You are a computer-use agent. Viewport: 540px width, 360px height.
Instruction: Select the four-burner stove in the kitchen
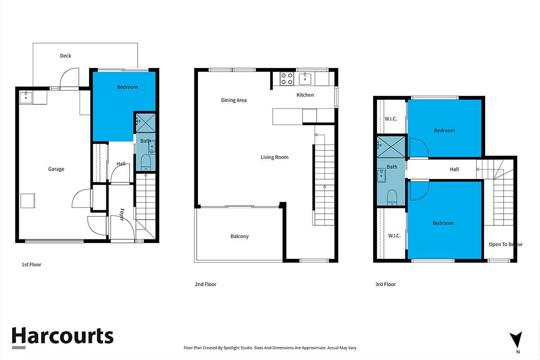click(x=287, y=79)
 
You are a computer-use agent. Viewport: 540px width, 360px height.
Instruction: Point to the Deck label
click(x=66, y=56)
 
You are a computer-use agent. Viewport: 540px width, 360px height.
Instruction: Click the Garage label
click(x=56, y=169)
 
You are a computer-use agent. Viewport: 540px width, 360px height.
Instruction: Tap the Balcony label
click(x=239, y=236)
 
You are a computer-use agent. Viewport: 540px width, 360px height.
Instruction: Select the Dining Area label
click(x=234, y=100)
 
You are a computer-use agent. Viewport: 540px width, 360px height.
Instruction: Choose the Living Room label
click(x=274, y=157)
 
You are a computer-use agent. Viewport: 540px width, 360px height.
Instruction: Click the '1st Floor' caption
click(x=31, y=265)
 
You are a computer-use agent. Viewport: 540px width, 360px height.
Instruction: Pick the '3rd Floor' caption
click(x=386, y=284)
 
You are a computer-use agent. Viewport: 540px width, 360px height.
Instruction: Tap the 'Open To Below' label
click(x=505, y=244)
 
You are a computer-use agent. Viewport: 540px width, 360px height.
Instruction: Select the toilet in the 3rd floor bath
click(x=391, y=197)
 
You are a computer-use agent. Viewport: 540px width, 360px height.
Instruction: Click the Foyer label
click(x=121, y=215)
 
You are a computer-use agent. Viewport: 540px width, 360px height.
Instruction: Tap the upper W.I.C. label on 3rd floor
click(x=390, y=119)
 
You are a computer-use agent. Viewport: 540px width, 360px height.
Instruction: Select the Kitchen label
click(x=305, y=95)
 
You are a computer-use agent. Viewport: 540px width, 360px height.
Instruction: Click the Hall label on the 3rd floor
click(x=454, y=169)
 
